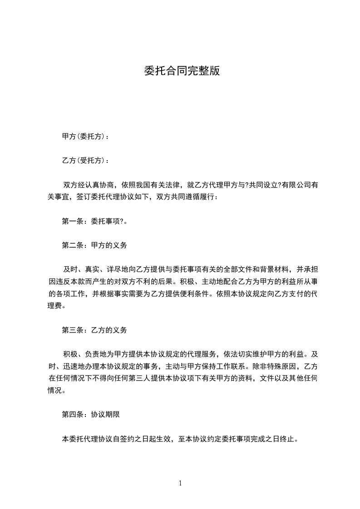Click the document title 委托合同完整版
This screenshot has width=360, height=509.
pos(182,71)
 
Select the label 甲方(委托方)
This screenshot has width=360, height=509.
pos(85,136)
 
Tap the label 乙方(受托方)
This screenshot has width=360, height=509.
pos(85,161)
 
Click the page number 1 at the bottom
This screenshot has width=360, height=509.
pos(180,483)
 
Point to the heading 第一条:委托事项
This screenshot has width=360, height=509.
pos(94,221)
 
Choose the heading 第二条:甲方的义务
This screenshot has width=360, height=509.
pos(94,245)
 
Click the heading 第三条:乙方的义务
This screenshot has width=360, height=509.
pos(94,330)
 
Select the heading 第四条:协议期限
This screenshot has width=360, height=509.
pos(90,415)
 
